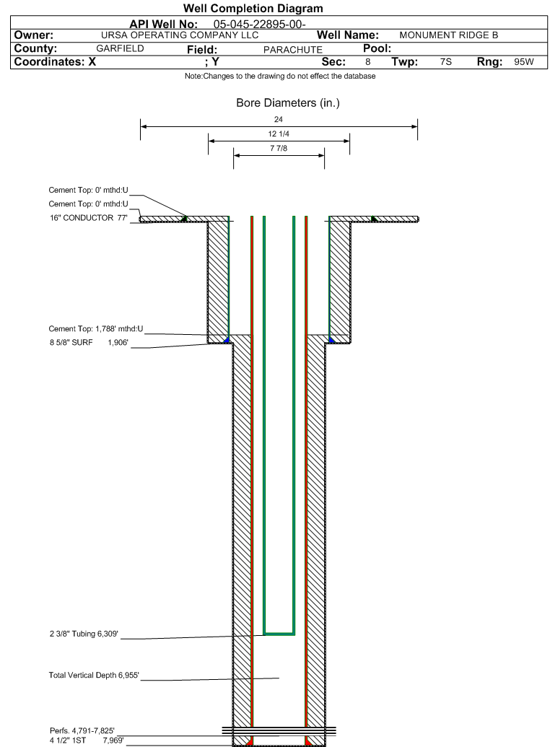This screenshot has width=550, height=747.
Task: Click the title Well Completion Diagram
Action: pos(253,8)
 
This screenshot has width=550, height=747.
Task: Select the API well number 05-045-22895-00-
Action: pos(259,25)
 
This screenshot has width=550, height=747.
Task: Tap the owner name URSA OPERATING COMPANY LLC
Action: pos(180,35)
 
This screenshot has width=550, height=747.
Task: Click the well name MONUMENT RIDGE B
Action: pos(448,35)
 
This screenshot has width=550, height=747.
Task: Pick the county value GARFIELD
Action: pos(120,48)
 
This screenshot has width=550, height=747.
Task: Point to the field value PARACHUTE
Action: pos(292,50)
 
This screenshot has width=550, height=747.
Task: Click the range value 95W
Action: pos(524,62)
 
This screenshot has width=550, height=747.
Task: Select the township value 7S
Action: pos(445,62)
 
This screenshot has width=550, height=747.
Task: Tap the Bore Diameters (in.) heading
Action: pos(288,103)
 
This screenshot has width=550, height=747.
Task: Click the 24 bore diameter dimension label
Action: pos(279,119)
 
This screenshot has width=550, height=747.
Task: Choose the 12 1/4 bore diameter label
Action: pos(279,134)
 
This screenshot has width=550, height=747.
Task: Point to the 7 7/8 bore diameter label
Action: pos(279,148)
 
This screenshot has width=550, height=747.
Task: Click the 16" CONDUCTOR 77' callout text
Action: pos(89,218)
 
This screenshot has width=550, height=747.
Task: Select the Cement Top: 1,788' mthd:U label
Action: pos(96,328)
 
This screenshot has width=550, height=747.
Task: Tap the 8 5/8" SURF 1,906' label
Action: pos(89,343)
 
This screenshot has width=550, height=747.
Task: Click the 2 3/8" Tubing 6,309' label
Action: pos(84,634)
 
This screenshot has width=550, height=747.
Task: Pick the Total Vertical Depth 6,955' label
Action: pos(94,675)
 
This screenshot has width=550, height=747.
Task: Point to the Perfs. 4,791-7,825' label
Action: pos(82,731)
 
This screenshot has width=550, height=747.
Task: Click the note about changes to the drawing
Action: pos(280,77)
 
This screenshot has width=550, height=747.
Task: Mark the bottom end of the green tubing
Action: pos(279,634)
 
